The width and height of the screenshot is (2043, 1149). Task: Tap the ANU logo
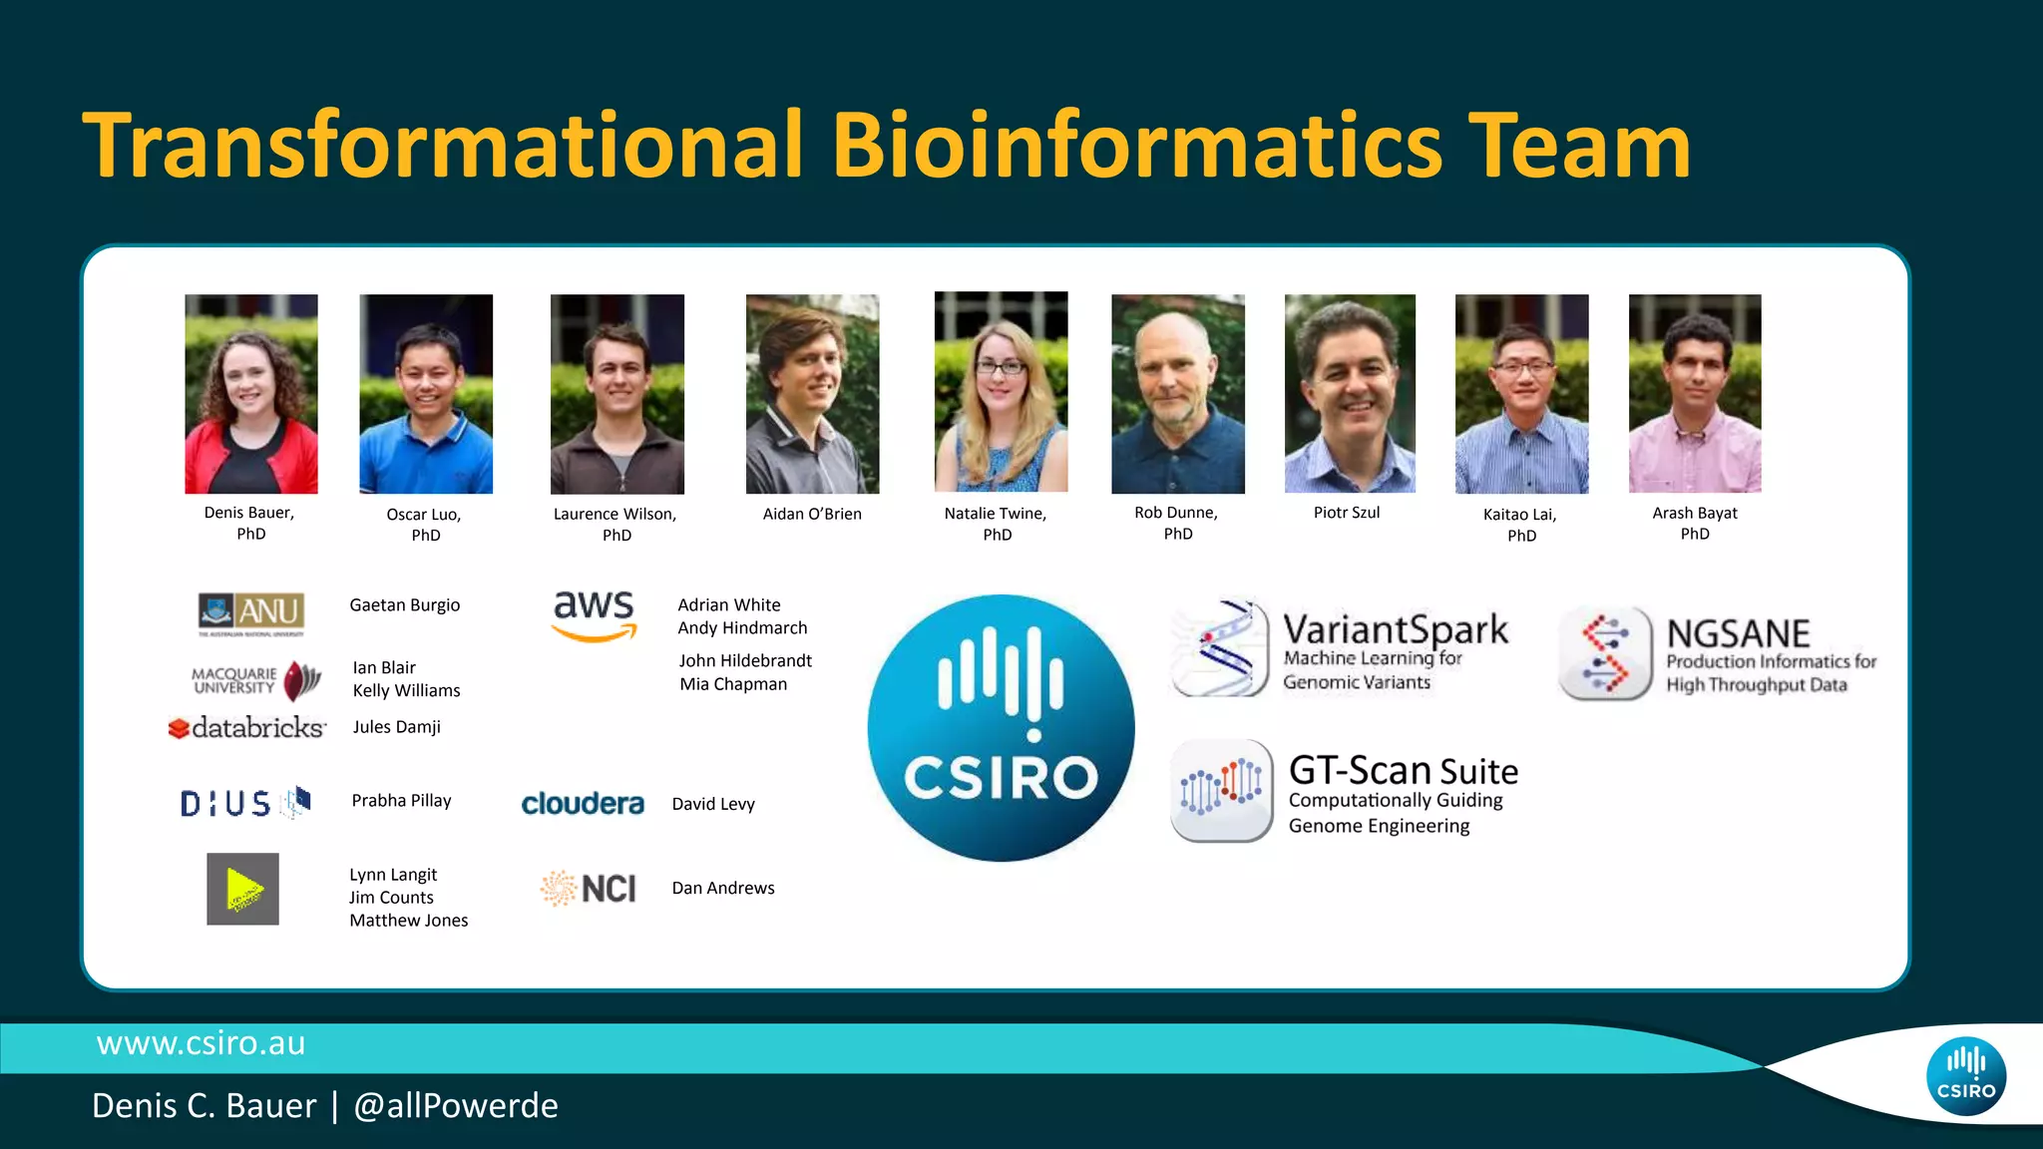coord(251,611)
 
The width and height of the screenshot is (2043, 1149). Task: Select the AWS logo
coord(595,614)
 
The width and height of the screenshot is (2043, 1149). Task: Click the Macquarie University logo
coord(256,680)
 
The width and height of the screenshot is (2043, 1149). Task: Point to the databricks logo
coord(246,728)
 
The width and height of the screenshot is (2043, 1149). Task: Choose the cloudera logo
coord(583,804)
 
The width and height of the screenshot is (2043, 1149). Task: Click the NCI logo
coord(589,888)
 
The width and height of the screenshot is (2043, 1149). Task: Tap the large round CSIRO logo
coord(1001,728)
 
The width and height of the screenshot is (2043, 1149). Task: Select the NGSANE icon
coord(1605,653)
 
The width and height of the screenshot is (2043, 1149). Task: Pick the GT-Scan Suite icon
coord(1221,791)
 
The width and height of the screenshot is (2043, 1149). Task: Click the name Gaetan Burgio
coord(405,605)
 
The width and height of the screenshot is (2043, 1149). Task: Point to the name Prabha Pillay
coord(401,801)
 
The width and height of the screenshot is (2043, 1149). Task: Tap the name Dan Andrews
coord(723,888)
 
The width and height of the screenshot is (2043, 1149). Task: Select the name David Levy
coord(713,804)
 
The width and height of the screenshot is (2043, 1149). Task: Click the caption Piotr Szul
coord(1347,513)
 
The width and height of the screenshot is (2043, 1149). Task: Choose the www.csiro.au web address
coord(201,1043)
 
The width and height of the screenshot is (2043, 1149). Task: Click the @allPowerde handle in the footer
coord(456,1106)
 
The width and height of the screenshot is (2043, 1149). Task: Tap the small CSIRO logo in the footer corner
coord(1965,1076)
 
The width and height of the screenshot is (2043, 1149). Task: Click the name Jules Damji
coord(396,727)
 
